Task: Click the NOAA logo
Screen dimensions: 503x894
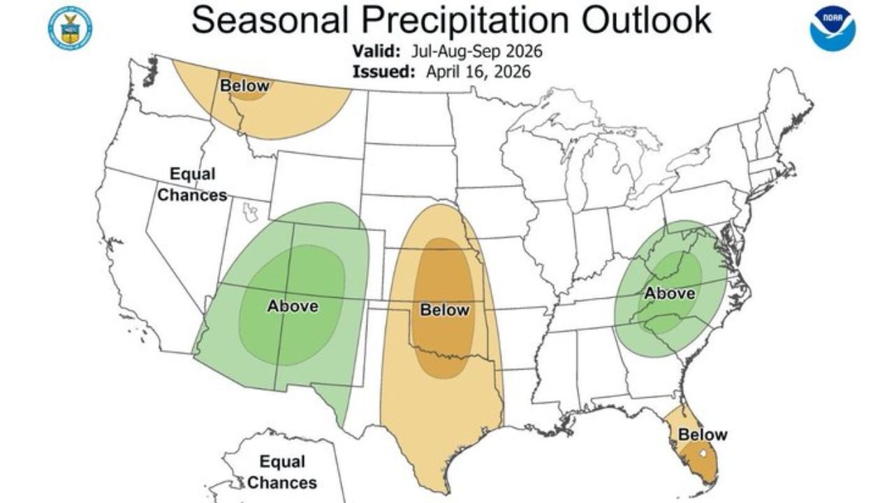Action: [x=833, y=27]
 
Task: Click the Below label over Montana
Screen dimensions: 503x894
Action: [x=244, y=86]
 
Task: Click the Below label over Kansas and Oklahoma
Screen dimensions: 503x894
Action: [x=444, y=309]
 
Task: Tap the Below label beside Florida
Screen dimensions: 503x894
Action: [x=703, y=435]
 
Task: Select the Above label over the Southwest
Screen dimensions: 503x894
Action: [x=293, y=306]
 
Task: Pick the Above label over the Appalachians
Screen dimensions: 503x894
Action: [x=669, y=293]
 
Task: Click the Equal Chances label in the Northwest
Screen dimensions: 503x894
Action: [x=192, y=184]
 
